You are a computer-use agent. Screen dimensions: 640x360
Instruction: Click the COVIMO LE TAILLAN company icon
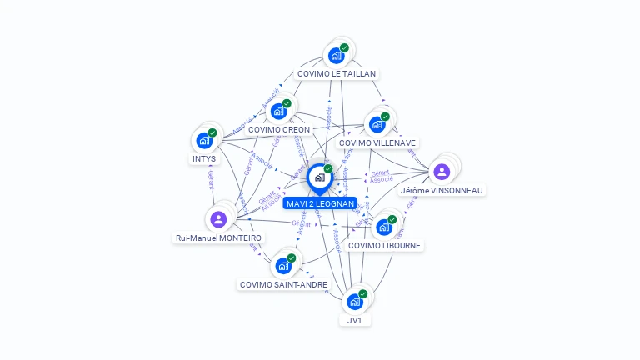(337, 56)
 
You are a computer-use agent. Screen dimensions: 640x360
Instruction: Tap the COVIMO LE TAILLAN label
(337, 73)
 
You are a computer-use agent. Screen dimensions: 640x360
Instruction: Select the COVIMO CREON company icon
(279, 112)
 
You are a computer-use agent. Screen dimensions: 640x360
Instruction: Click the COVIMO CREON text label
(279, 129)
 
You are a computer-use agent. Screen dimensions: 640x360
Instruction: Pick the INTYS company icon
(204, 141)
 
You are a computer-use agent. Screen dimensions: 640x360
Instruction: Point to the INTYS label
(204, 158)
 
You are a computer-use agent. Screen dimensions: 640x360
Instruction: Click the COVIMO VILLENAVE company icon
(377, 125)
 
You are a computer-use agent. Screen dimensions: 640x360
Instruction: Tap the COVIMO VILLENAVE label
(377, 142)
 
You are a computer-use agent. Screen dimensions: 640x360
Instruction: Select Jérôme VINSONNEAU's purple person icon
(442, 172)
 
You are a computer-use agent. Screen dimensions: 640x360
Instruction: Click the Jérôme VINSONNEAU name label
(442, 190)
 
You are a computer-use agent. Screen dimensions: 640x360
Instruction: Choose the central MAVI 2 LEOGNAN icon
(320, 177)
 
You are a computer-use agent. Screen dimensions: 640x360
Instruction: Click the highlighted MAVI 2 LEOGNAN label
(320, 203)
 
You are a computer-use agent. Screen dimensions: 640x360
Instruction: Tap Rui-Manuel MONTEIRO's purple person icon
(218, 219)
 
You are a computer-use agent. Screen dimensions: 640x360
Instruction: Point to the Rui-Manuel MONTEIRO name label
(218, 237)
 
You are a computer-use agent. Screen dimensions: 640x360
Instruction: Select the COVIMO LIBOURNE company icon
(384, 227)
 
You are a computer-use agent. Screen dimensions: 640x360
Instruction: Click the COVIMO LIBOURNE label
(384, 245)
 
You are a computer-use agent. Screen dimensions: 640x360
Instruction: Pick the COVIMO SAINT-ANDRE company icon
(283, 267)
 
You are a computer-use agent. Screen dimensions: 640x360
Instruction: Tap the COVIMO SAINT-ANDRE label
(283, 284)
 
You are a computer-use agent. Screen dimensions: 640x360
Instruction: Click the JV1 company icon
(355, 302)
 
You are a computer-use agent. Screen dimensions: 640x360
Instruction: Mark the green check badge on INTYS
(212, 132)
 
